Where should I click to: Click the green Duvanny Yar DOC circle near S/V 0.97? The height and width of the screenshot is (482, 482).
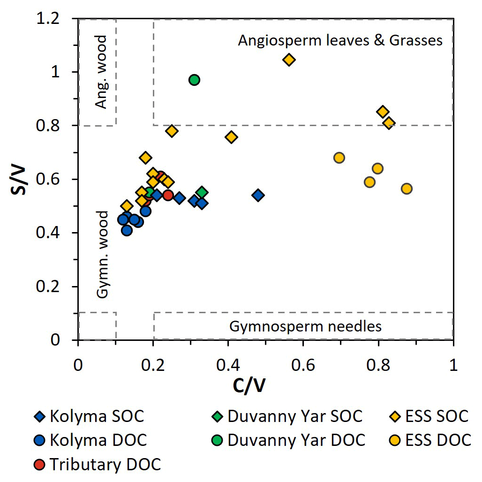(x=194, y=80)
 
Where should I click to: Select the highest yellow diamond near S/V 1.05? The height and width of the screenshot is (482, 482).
(x=289, y=60)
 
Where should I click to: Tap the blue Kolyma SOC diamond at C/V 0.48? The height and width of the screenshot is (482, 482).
(x=258, y=195)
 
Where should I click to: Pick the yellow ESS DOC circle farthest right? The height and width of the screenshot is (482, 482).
(x=407, y=188)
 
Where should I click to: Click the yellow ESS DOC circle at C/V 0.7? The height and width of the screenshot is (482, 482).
(x=339, y=158)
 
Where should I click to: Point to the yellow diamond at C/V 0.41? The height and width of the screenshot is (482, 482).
(x=231, y=137)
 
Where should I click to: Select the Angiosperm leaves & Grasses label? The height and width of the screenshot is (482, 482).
(x=340, y=40)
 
